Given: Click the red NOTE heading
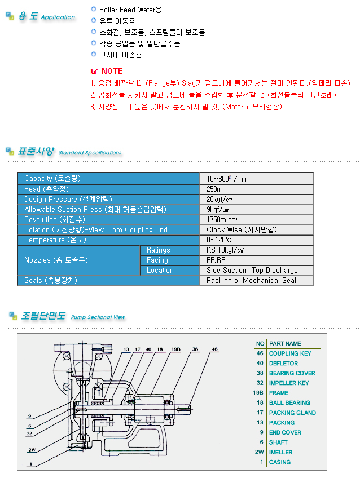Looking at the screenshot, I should (111, 72).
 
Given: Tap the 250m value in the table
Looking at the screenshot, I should (215, 189).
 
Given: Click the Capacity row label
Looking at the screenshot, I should (52, 179).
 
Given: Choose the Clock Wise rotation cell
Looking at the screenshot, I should (242, 229).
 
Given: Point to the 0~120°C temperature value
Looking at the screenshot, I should (220, 240).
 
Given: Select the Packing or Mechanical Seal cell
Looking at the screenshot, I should (251, 280).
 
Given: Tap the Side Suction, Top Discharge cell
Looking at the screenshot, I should (252, 270).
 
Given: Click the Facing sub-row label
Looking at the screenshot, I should (157, 260).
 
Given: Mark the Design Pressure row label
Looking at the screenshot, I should (67, 199).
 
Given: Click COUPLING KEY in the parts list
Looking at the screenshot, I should (290, 353).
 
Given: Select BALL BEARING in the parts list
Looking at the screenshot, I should (289, 402).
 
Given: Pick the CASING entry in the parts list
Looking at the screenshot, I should (280, 462).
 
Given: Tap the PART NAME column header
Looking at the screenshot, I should (285, 343).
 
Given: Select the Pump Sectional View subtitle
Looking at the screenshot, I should (98, 317).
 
